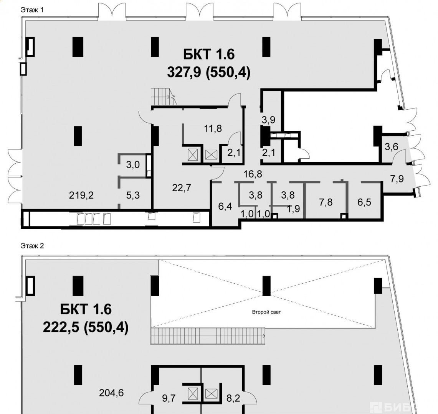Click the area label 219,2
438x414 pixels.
pos(81,195)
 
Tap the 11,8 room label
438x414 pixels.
pos(213,128)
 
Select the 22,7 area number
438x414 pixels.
pos(182,188)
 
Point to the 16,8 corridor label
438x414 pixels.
pos(253,174)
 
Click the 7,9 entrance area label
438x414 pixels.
pos(397,179)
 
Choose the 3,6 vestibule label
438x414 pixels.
pos(392,146)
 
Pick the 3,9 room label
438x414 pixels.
pos(268,120)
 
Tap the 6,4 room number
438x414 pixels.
pos(225,207)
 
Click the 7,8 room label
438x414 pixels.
pos(326,202)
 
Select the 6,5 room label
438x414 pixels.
pos(364,202)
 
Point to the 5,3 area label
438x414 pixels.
pos(133,195)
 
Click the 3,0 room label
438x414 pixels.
pos(133,164)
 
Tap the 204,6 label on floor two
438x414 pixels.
pos(111,393)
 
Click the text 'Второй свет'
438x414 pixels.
pos(266,312)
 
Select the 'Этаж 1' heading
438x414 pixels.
pos(32,10)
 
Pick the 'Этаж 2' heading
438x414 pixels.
pos(32,246)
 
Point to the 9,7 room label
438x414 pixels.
pos(169,398)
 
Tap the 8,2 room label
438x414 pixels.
pos(233,398)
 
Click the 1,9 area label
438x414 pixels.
pos(293,209)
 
